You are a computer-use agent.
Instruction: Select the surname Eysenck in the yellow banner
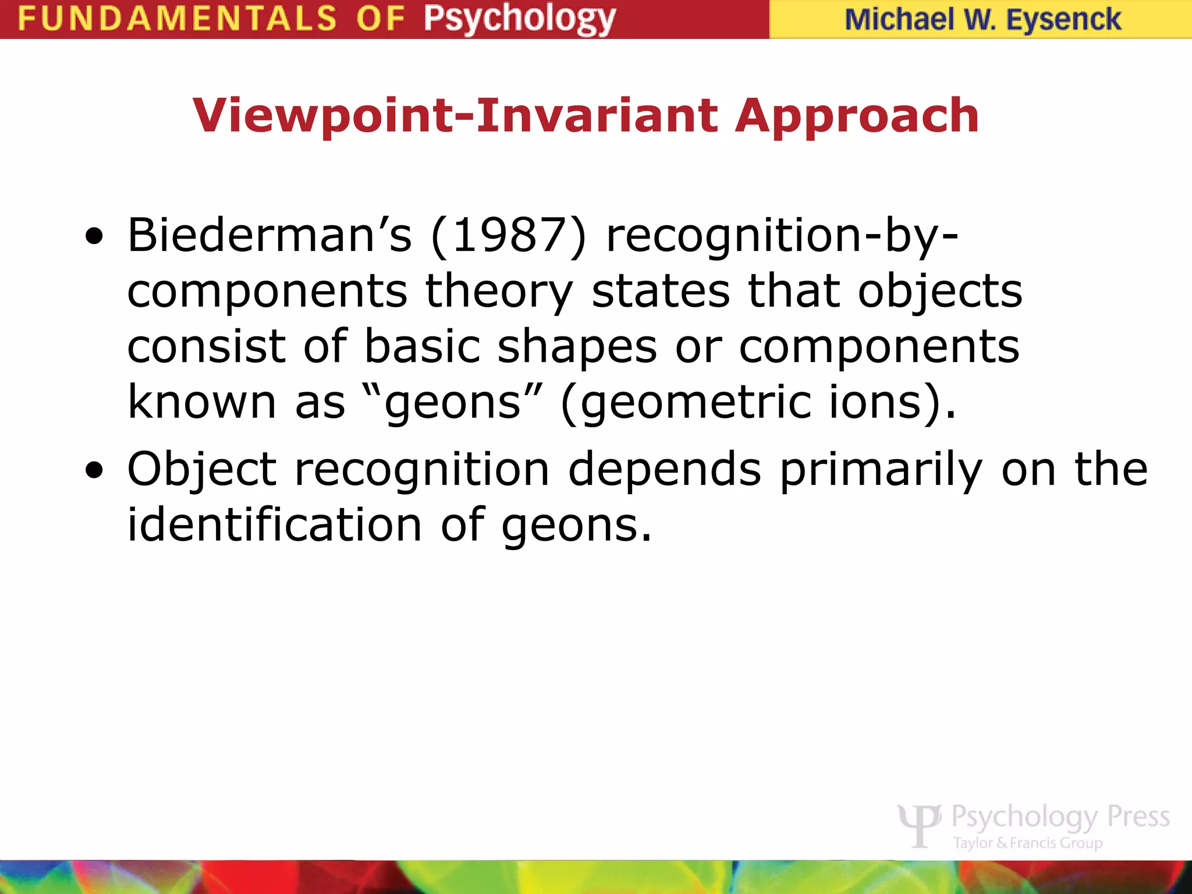click(x=1063, y=20)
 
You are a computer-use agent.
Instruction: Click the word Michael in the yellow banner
click(x=899, y=20)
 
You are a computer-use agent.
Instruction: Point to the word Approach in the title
click(x=857, y=116)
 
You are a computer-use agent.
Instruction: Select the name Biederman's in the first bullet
click(x=269, y=235)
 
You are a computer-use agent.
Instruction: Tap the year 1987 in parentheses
click(x=508, y=235)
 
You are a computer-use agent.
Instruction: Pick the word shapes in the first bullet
click(x=577, y=347)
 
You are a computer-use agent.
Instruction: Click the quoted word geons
click(x=453, y=403)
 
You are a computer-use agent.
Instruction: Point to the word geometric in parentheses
click(x=695, y=403)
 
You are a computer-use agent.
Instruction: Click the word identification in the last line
click(x=274, y=525)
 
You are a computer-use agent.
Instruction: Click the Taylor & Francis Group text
click(x=1027, y=843)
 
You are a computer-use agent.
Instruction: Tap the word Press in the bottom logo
click(x=1138, y=817)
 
